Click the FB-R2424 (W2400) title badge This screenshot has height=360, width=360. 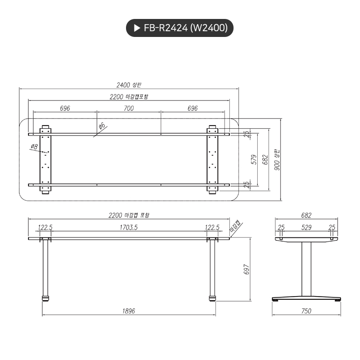[x=180, y=28]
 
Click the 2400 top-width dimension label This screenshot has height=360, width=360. [x=129, y=85]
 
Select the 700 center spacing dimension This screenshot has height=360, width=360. [x=128, y=108]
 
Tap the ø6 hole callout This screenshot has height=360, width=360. [x=101, y=127]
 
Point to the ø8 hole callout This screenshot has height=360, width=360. [x=34, y=147]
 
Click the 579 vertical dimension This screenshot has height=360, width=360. [x=254, y=160]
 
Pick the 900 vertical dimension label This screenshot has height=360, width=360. [x=278, y=161]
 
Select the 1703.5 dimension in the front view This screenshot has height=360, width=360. [x=128, y=227]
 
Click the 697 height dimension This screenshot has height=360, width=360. [x=246, y=269]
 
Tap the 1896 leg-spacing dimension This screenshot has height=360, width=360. [x=128, y=311]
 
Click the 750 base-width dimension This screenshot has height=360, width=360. [x=306, y=311]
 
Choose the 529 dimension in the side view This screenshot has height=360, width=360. [x=306, y=227]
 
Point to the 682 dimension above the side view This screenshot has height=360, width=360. [x=306, y=215]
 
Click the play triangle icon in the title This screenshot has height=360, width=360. [x=137, y=28]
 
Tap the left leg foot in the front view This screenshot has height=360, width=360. [x=46, y=299]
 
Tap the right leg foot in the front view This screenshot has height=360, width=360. [x=212, y=299]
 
